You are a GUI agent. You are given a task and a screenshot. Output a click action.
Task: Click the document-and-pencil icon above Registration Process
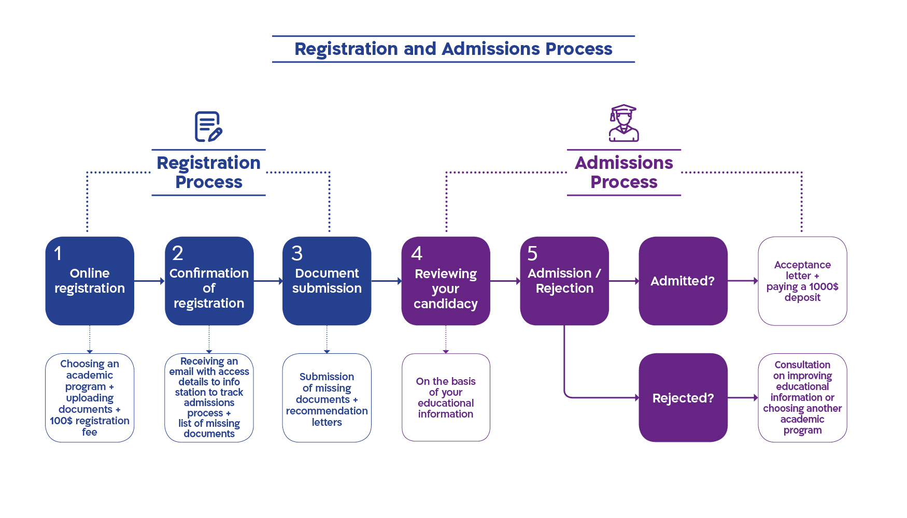click(x=208, y=126)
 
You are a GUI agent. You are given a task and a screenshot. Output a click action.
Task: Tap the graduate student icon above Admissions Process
click(x=623, y=123)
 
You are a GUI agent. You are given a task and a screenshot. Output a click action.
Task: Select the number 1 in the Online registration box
click(x=58, y=253)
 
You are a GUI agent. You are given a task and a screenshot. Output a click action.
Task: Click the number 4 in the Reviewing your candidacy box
click(x=417, y=253)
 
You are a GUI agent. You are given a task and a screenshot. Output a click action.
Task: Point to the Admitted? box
click(x=683, y=281)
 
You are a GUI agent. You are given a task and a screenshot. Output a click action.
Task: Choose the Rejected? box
click(x=683, y=398)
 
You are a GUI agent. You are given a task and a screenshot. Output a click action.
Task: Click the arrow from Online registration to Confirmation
click(x=149, y=281)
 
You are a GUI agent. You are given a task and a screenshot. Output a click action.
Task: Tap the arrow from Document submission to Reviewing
click(x=387, y=281)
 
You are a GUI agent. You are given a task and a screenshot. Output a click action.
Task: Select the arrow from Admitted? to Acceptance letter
click(x=743, y=281)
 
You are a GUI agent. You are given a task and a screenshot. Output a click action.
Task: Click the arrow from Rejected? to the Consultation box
click(x=743, y=398)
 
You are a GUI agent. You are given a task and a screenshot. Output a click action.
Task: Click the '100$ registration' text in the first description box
click(x=90, y=421)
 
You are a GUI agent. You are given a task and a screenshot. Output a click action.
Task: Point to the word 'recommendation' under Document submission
click(x=327, y=411)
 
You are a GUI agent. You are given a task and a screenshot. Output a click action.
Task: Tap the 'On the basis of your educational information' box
click(x=446, y=397)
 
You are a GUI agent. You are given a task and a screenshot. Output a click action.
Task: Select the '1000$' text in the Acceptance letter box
click(x=824, y=286)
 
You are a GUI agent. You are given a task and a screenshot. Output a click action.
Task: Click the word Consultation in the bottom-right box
click(x=802, y=365)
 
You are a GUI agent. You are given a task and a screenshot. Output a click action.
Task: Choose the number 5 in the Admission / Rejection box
click(x=532, y=253)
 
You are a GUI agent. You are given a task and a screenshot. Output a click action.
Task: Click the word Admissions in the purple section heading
click(x=624, y=163)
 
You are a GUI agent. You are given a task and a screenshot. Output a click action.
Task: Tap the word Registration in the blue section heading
click(x=209, y=163)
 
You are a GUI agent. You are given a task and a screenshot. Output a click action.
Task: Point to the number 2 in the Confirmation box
click(x=178, y=253)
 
